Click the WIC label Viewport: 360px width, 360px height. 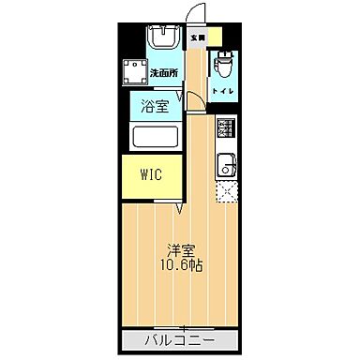[x=151, y=174]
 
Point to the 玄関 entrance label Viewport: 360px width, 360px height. [x=196, y=38]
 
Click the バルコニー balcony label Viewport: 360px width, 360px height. [x=179, y=337]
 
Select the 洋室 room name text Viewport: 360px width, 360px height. [x=182, y=249]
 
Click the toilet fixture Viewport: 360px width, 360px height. [x=222, y=67]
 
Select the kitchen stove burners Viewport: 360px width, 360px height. [x=225, y=128]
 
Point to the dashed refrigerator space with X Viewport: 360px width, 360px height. [x=225, y=193]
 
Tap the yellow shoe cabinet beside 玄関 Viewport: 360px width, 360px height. [x=216, y=38]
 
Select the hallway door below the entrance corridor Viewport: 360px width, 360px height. [x=191, y=103]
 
